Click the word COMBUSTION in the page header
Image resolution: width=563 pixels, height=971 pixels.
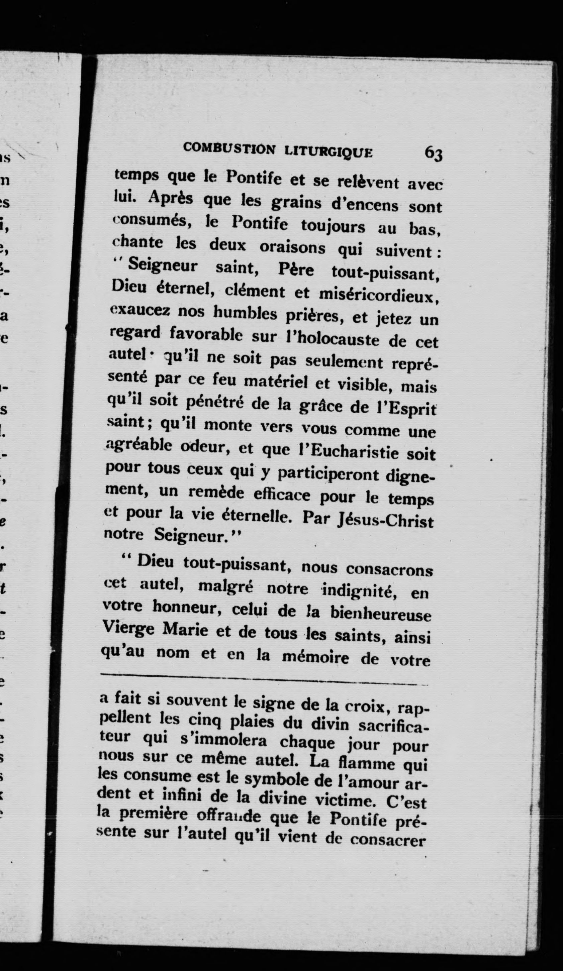click(229, 148)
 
